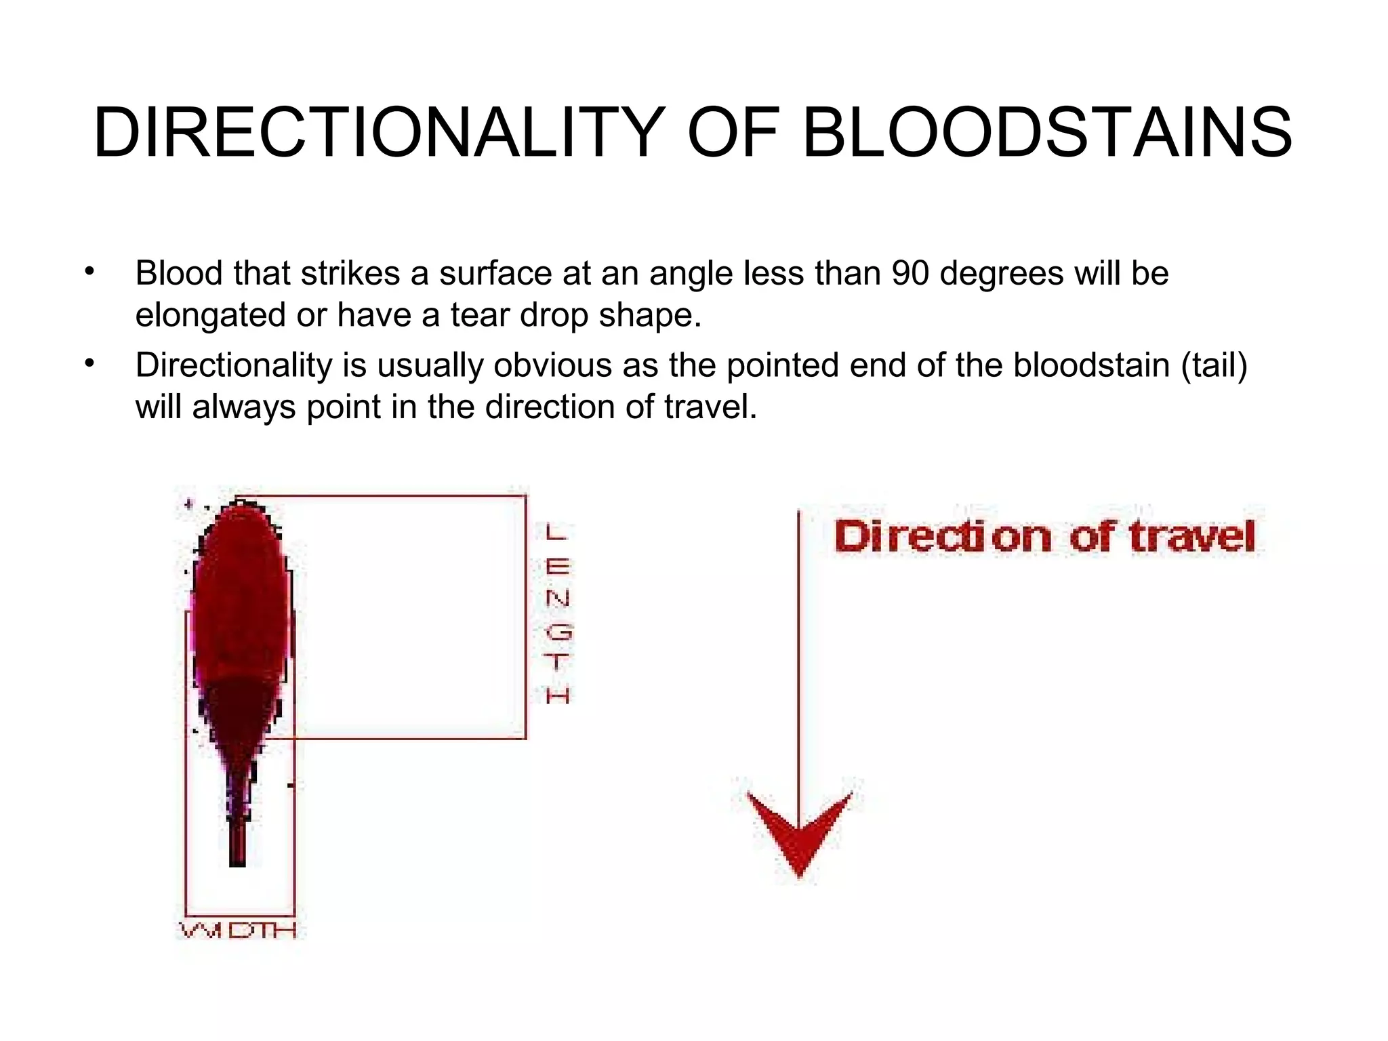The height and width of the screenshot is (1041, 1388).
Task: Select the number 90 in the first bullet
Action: [910, 274]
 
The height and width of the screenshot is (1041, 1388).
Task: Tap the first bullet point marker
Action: [89, 272]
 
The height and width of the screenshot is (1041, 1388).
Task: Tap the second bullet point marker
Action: [89, 364]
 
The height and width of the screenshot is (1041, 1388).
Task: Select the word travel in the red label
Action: [1192, 537]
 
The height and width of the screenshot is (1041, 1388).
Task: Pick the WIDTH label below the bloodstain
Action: [238, 930]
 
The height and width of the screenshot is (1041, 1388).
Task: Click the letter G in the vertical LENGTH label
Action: [558, 632]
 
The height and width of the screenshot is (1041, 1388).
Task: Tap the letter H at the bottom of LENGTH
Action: [558, 695]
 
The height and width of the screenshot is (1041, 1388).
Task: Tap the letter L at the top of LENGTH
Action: [555, 532]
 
